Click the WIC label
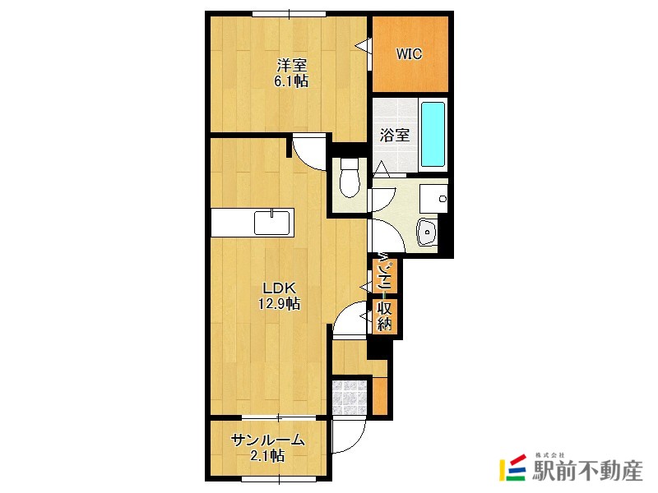(409, 55)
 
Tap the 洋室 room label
(291, 65)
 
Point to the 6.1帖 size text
(291, 81)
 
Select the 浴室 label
(395, 136)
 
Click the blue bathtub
(433, 134)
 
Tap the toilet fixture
(349, 178)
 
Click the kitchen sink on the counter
(271, 222)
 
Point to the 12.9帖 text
(279, 304)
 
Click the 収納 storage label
(385, 316)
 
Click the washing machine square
(433, 198)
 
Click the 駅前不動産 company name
(586, 471)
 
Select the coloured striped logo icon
(512, 468)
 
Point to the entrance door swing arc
(349, 440)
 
